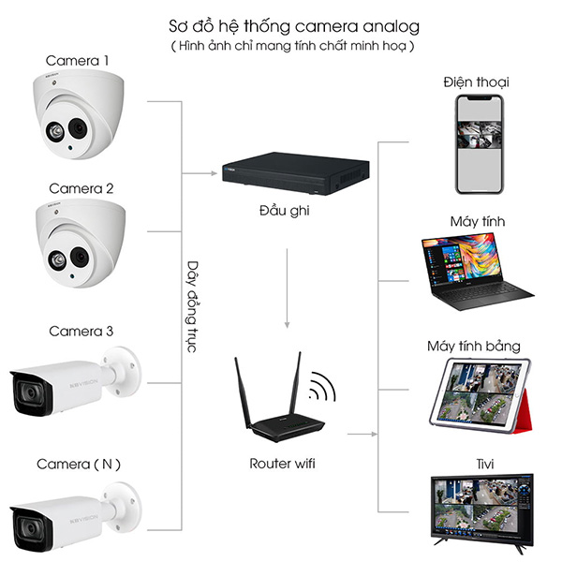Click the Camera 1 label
79,62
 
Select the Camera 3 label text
81,331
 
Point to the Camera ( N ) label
79,464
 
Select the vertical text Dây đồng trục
191,305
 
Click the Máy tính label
476,222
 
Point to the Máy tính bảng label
476,347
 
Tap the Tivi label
476,464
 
